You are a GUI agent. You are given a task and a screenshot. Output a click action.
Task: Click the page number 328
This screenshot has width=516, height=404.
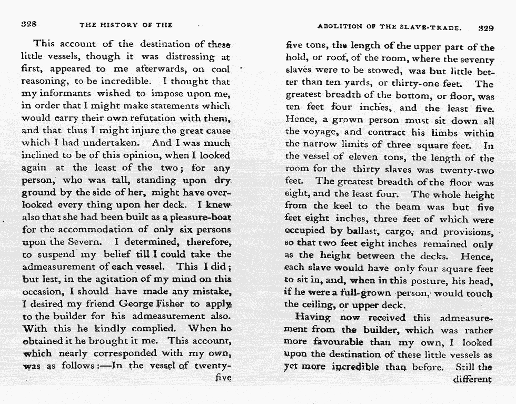pyautogui.click(x=28, y=24)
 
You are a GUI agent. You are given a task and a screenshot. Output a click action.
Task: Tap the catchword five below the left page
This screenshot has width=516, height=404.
pyautogui.click(x=223, y=377)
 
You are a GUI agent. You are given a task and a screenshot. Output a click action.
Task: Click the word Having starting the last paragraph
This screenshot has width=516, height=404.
pyautogui.click(x=313, y=318)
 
